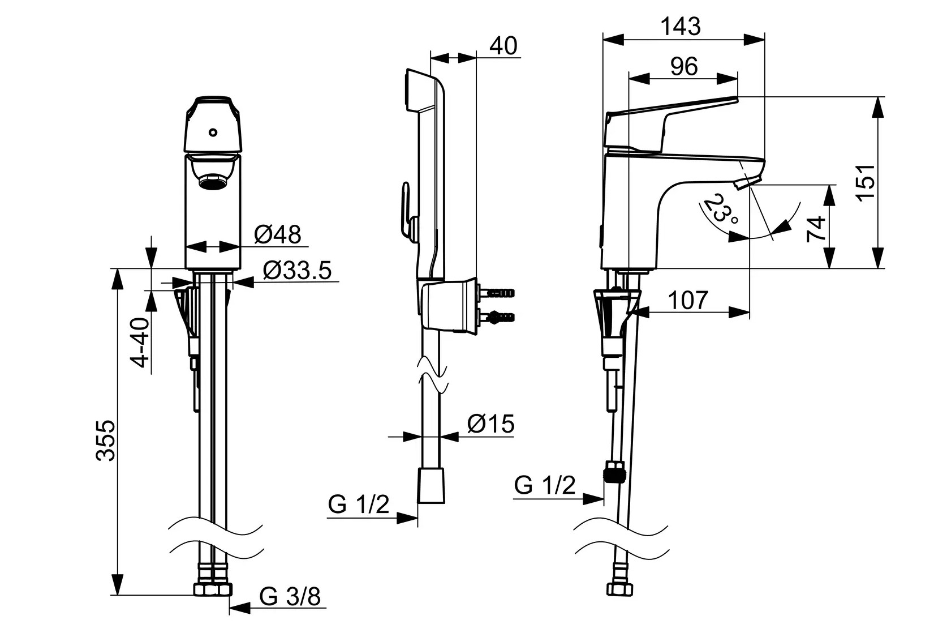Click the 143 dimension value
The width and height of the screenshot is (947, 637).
[681, 26]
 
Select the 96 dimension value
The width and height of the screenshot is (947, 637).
[684, 66]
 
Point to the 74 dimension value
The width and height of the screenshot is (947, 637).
[816, 229]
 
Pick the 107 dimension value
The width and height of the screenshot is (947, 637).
[688, 300]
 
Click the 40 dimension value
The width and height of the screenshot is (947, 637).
[503, 46]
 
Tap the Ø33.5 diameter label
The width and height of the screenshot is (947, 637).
[297, 271]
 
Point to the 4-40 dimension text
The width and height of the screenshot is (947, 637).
[140, 342]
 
